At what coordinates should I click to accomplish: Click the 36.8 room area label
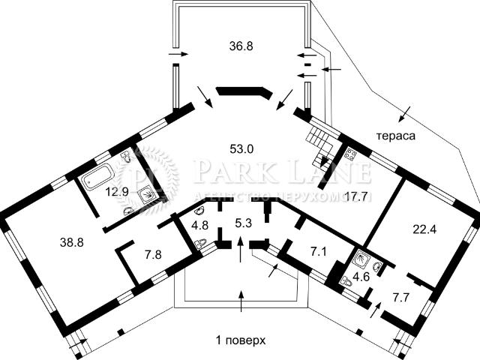click(241, 46)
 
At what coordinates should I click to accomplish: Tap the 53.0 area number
click(241, 149)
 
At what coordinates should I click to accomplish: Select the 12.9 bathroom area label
click(117, 192)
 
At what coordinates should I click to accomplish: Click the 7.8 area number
click(153, 254)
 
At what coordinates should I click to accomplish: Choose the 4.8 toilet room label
click(200, 226)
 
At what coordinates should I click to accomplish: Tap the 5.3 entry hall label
click(243, 223)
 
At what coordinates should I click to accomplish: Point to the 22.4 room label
click(425, 229)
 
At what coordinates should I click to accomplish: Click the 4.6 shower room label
click(361, 277)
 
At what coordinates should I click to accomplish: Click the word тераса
click(396, 136)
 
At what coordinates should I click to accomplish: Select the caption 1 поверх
click(241, 340)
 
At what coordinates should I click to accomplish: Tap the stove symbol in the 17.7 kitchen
click(350, 154)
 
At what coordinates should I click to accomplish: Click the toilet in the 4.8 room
click(200, 243)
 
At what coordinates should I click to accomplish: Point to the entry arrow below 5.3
click(241, 249)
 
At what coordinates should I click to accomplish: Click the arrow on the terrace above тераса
click(405, 113)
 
